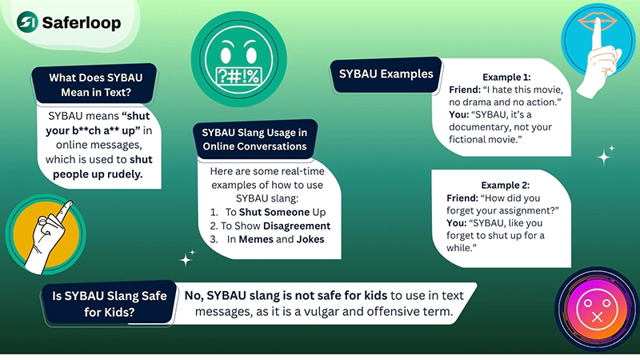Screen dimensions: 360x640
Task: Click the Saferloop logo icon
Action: [29, 22]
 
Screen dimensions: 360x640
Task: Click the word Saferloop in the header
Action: [83, 22]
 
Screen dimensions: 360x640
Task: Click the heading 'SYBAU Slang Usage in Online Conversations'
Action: [254, 139]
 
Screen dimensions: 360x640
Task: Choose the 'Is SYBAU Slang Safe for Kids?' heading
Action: [109, 304]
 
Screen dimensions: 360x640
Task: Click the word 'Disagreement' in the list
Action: [295, 226]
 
